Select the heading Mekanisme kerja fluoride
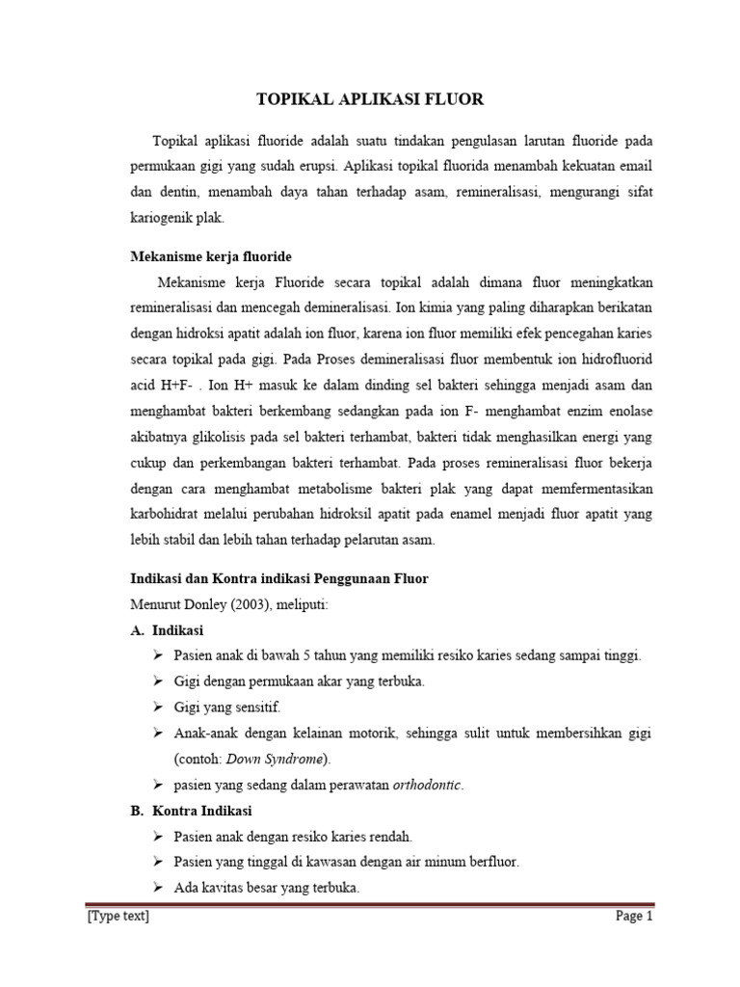(x=210, y=256)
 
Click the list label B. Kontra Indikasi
(x=192, y=811)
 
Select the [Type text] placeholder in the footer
(x=118, y=917)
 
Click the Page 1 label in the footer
(x=634, y=917)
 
